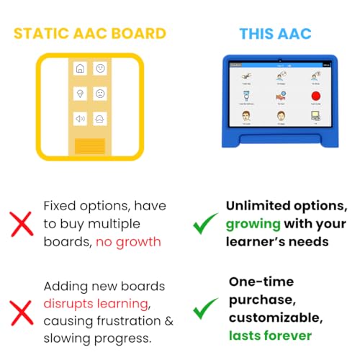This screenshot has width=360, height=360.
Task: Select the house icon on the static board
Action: pos(79,70)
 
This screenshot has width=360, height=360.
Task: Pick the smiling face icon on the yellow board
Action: pos(101,70)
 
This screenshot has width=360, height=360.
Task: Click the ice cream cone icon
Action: pos(79,94)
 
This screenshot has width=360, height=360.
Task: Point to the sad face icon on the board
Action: pos(101,94)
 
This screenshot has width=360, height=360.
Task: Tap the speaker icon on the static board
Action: pos(79,118)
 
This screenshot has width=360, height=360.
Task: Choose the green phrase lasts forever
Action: pos(271,336)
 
